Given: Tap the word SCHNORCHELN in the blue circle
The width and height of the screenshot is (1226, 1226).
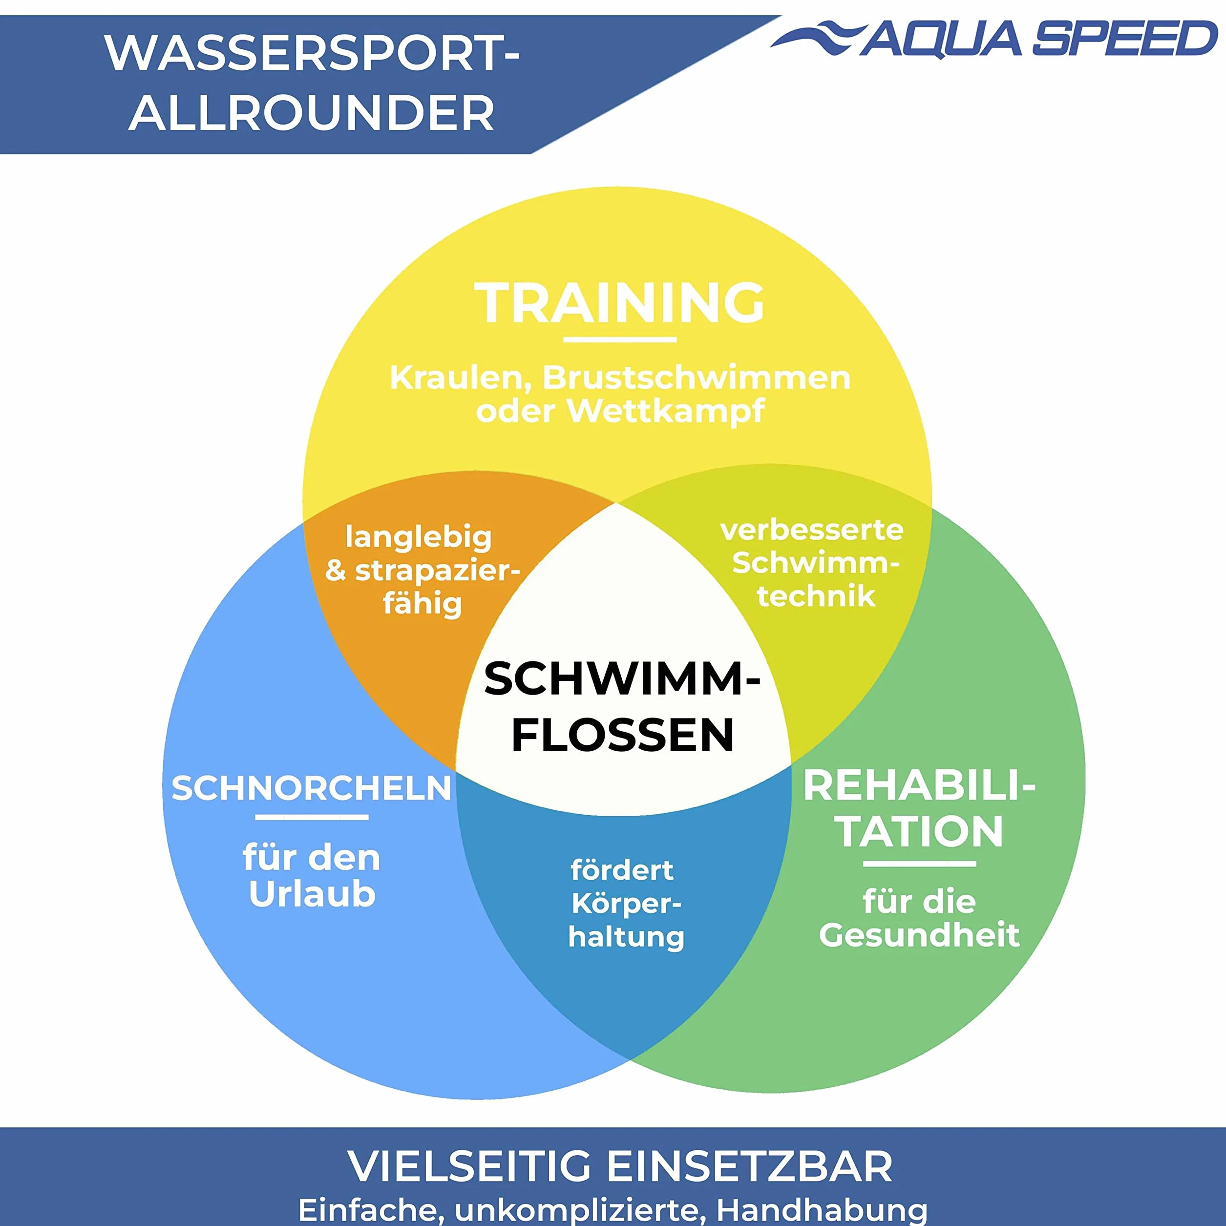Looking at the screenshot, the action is [311, 788].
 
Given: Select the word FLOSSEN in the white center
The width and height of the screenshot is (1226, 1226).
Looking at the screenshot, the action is [622, 735].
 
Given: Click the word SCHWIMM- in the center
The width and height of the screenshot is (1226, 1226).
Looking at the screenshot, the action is [622, 679].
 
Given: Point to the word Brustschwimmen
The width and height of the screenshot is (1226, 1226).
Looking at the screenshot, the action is [696, 378].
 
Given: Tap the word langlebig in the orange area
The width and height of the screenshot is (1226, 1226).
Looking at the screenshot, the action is [418, 538].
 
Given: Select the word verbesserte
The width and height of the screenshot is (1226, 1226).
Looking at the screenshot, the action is [812, 530].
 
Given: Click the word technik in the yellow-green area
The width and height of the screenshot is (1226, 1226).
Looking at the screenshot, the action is [816, 596].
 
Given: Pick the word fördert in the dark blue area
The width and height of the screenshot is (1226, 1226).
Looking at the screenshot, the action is [622, 870].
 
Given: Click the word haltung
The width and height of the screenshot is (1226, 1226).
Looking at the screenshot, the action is [626, 937].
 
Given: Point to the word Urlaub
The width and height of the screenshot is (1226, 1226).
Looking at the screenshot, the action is [312, 895].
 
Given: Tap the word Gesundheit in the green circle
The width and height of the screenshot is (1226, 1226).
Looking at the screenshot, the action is [919, 935].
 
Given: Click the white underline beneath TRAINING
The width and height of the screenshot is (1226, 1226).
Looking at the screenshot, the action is [620, 339].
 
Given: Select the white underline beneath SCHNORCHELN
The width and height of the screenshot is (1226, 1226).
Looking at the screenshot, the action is [312, 817].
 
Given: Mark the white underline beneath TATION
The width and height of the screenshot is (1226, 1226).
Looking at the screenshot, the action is [919, 864].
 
